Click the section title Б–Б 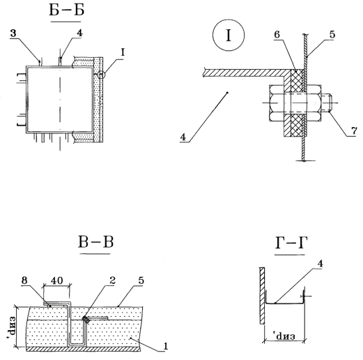coord(66,10)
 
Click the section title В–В coord(95,242)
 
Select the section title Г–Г coord(291,243)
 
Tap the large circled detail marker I coord(229,35)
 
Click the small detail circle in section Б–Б coord(102,75)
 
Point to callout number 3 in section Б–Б coord(13,33)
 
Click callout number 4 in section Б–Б coord(79,33)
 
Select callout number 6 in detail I coord(277,34)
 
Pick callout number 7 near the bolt coord(354,131)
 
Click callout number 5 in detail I coord(332,34)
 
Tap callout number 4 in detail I coord(183,137)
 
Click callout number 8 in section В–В coord(24,280)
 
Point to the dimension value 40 coord(56,280)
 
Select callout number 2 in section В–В coord(112,280)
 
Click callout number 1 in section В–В coord(166,346)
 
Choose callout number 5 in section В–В coord(141,280)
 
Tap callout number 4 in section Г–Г coord(320,264)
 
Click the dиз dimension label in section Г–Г coord(285,336)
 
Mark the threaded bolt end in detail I coord(326,103)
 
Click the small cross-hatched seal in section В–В coord(86,320)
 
